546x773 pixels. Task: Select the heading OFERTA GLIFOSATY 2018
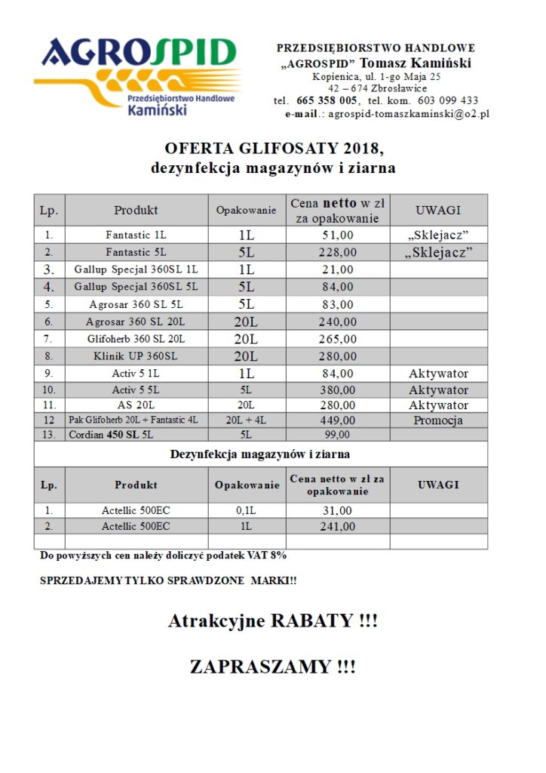coord(272,147)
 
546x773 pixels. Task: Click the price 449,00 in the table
coord(336,420)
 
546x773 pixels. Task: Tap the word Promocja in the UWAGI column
coord(438,420)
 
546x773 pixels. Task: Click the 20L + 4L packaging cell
coord(246,420)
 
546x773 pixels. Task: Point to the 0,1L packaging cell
coord(246,511)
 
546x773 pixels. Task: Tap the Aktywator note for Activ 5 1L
coord(438,374)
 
